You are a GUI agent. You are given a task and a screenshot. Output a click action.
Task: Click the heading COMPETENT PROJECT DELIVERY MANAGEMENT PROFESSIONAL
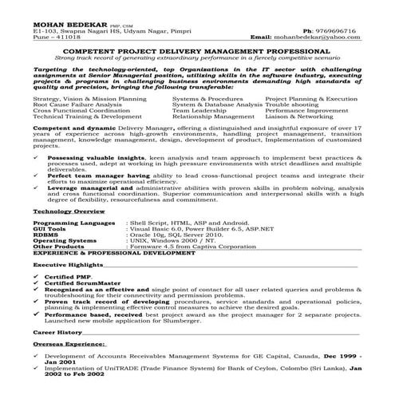point(200,50)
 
